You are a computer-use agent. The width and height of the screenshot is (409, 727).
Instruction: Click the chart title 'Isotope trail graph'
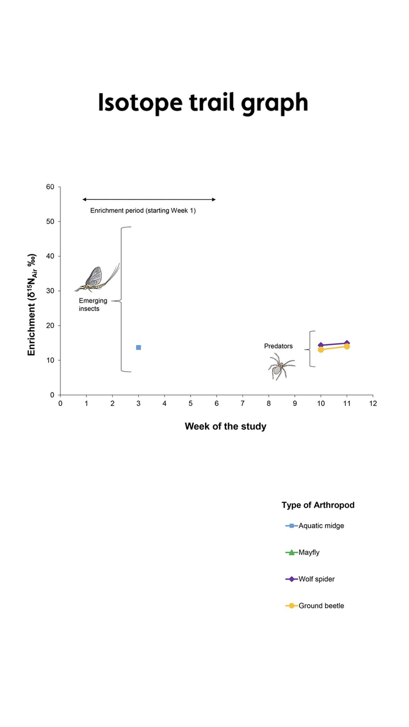click(x=203, y=103)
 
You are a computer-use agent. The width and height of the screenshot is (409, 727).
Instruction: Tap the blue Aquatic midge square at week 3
click(x=139, y=348)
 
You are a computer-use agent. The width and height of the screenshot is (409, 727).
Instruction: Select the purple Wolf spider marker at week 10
click(x=321, y=345)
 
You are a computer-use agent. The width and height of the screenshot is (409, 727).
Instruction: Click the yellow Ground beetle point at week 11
click(x=347, y=346)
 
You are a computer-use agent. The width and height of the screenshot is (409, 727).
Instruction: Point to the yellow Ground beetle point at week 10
click(x=321, y=350)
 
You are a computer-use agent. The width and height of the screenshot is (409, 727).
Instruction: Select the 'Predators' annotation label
click(x=278, y=346)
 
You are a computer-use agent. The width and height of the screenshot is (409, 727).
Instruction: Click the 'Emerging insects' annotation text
click(x=93, y=304)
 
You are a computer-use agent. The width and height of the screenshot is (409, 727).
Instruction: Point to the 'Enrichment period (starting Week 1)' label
click(x=143, y=211)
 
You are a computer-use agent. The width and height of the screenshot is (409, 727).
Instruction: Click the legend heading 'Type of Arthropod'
click(x=318, y=505)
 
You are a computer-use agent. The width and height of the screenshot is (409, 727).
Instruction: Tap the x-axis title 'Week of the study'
click(x=225, y=426)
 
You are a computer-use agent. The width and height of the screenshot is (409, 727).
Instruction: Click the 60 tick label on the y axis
click(x=50, y=187)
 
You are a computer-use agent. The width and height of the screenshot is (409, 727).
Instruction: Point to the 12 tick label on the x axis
click(x=373, y=404)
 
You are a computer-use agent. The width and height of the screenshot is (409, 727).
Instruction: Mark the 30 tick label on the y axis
click(x=50, y=291)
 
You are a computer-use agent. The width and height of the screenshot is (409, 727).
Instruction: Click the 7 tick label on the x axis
click(x=243, y=404)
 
